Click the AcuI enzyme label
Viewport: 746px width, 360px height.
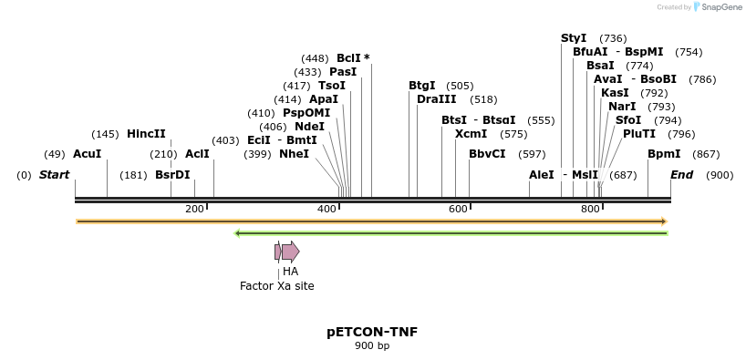87,154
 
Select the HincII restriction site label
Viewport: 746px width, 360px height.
146,134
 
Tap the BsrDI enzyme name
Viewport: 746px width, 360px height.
172,175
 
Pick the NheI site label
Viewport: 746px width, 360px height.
294,154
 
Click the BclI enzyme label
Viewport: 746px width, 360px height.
348,58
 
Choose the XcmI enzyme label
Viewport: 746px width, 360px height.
471,134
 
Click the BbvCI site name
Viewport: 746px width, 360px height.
487,154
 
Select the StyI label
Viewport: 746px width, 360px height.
574,38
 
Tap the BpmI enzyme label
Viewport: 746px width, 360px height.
664,154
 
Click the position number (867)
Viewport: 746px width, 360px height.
706,154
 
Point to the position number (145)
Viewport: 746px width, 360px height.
105,134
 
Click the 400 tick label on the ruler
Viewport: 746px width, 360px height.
326,210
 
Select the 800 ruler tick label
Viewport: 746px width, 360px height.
590,210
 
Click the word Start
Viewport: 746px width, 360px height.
54,175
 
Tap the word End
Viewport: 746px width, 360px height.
681,175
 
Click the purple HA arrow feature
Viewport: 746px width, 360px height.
290,252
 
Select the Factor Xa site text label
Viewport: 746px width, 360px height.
276,286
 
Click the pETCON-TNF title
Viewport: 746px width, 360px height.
372,332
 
